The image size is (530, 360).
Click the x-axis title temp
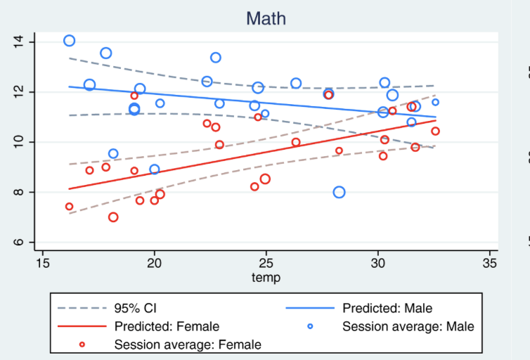(266, 278)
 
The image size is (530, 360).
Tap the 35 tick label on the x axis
(491, 263)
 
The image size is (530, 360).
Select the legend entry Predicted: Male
(387, 308)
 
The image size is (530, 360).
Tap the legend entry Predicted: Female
(167, 326)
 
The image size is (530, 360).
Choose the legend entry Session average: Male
(408, 326)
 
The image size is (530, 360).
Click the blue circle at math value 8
(339, 192)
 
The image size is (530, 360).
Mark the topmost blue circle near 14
(69, 41)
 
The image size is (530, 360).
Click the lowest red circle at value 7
(113, 217)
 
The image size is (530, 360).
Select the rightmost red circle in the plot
(435, 131)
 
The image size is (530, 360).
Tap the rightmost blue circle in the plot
(435, 102)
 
